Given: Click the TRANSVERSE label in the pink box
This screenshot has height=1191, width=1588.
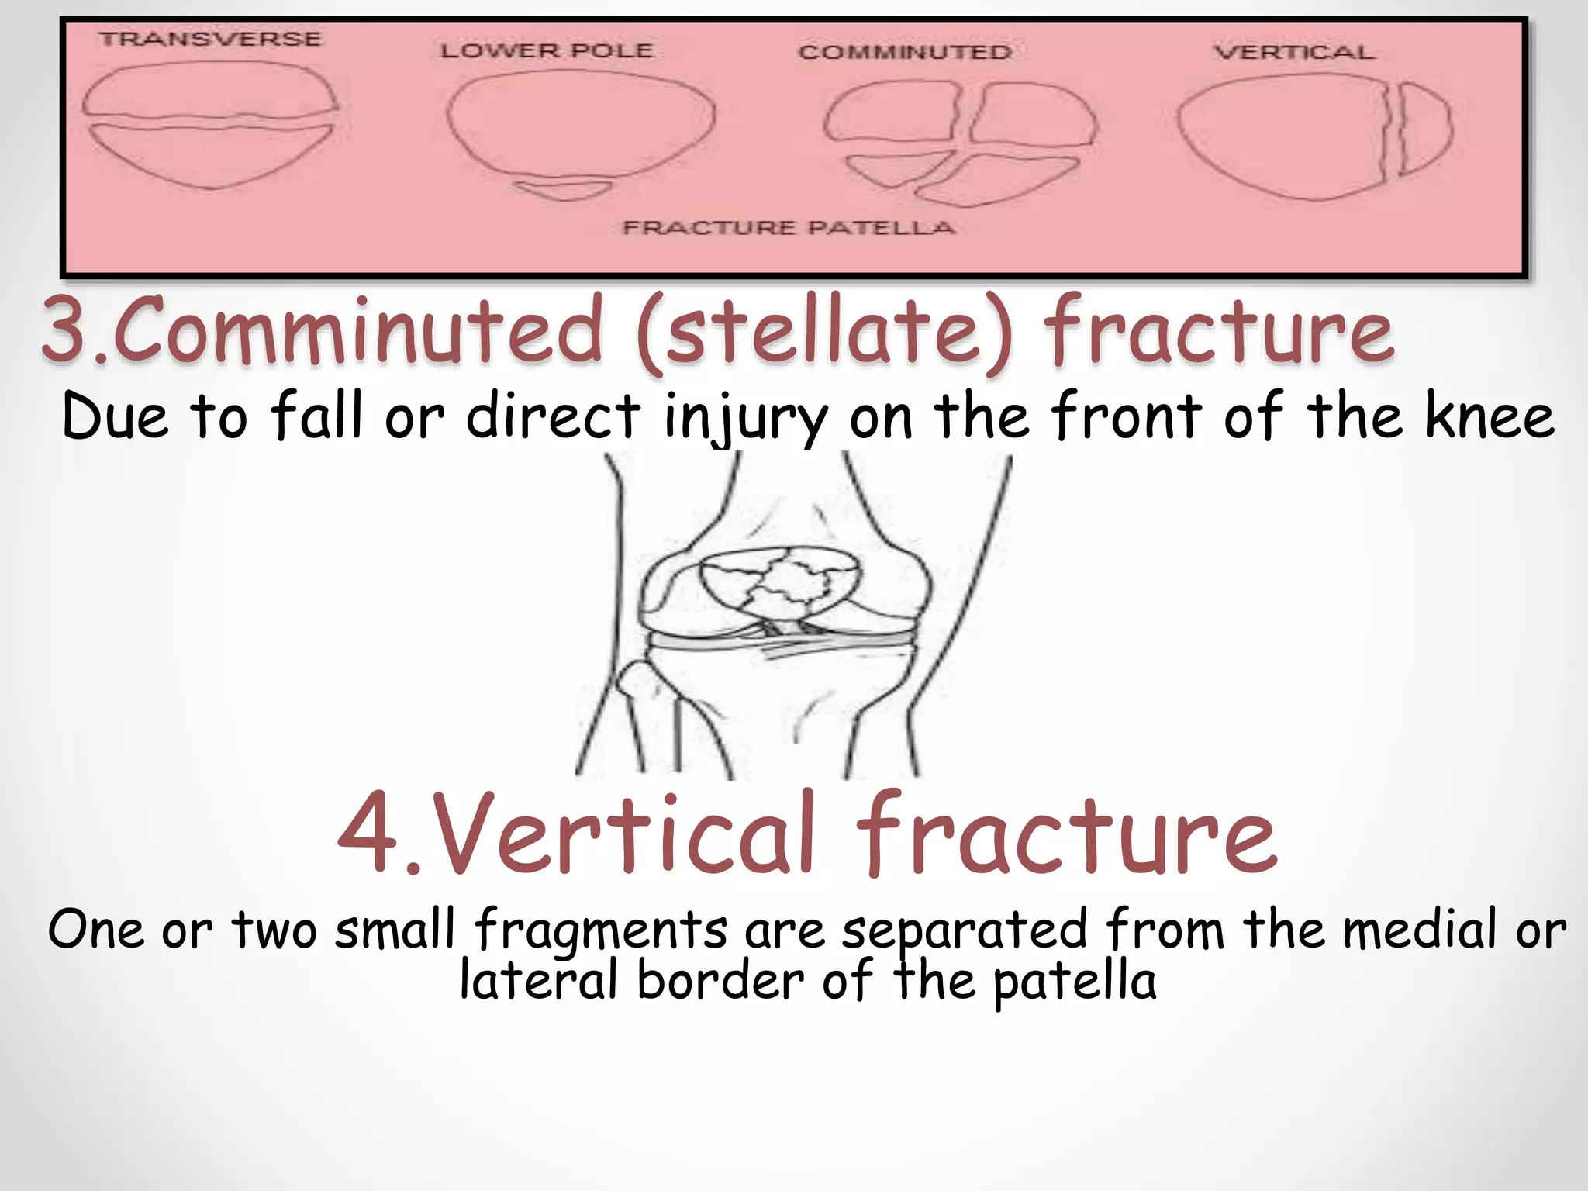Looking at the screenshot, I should [210, 39].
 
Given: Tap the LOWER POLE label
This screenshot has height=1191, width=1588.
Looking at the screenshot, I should [547, 51].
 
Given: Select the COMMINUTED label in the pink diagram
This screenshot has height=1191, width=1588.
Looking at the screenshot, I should [905, 52].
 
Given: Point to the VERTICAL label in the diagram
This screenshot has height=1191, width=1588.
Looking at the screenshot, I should [1294, 52].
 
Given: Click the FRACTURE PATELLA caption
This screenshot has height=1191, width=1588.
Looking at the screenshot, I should [789, 228].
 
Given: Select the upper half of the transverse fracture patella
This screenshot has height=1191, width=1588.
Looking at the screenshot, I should [209, 91].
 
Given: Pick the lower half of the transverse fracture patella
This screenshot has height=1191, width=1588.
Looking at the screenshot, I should [209, 155].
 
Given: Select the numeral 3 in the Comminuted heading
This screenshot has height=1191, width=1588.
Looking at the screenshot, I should [66, 330].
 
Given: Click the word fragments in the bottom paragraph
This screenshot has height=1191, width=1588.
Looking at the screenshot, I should [601, 930].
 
